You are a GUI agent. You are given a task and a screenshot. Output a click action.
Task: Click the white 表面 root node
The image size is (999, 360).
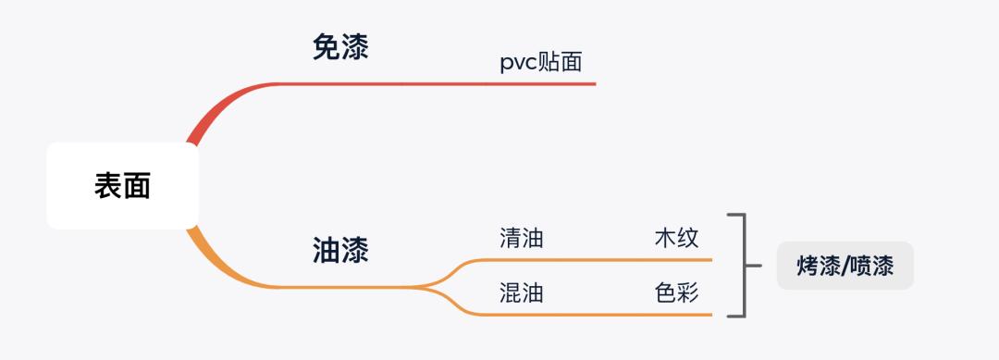pyautogui.click(x=122, y=186)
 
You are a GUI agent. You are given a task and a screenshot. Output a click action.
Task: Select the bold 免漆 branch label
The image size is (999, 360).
pyautogui.click(x=340, y=47)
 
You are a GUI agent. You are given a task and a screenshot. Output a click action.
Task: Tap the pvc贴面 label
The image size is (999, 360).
pyautogui.click(x=541, y=62)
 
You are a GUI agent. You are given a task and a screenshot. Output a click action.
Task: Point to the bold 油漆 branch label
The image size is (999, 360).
pyautogui.click(x=340, y=250)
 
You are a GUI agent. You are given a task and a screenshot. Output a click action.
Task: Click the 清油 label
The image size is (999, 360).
pyautogui.click(x=521, y=238)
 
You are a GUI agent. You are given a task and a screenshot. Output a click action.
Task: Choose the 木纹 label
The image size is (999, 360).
pyautogui.click(x=676, y=238)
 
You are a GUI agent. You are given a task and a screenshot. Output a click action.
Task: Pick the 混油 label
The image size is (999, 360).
pyautogui.click(x=521, y=293)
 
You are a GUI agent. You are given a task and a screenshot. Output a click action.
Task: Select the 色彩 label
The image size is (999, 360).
pyautogui.click(x=676, y=293)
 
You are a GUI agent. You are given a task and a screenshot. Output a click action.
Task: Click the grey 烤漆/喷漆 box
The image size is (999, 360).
pyautogui.click(x=845, y=266)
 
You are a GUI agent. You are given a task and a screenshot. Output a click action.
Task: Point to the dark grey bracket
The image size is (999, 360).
pyautogui.click(x=742, y=266)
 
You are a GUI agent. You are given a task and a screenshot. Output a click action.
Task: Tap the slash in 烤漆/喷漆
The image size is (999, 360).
pyautogui.click(x=845, y=267)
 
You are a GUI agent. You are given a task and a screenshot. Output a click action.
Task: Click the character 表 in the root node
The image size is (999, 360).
pyautogui.click(x=108, y=186)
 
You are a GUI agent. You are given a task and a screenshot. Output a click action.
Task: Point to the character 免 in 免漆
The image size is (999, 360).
pyautogui.click(x=326, y=47)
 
